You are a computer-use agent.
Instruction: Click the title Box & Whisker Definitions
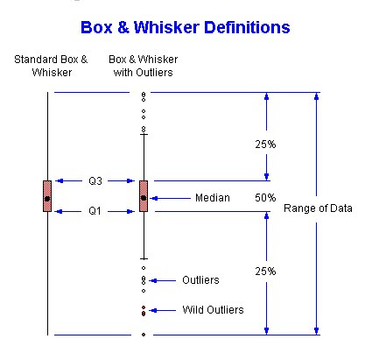click(185, 27)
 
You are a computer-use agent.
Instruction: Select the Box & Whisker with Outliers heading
click(143, 65)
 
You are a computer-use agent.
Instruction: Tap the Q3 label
click(95, 181)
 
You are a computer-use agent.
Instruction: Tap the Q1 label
click(95, 211)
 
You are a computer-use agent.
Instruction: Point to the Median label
click(213, 198)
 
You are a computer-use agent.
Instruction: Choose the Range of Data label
click(319, 208)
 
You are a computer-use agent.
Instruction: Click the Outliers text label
click(200, 280)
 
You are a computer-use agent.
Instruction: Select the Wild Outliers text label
click(213, 309)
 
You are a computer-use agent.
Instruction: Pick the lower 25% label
click(266, 272)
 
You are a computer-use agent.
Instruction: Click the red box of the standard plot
click(47, 196)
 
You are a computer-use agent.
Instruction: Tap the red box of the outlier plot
click(144, 196)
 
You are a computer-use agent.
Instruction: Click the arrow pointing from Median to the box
click(171, 198)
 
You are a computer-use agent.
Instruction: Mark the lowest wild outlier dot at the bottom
click(144, 335)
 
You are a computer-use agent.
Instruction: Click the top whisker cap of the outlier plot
click(144, 134)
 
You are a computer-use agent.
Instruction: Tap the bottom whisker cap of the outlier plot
click(144, 259)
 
